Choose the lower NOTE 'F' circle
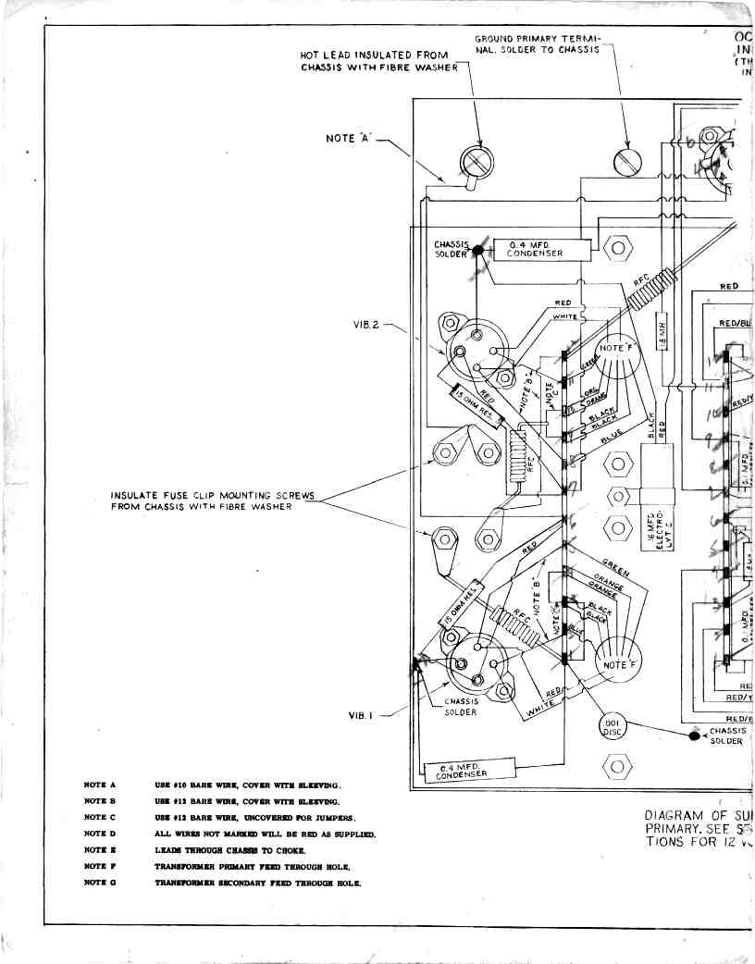click(x=616, y=663)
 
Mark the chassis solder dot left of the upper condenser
click(x=478, y=250)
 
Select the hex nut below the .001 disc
click(x=616, y=766)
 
